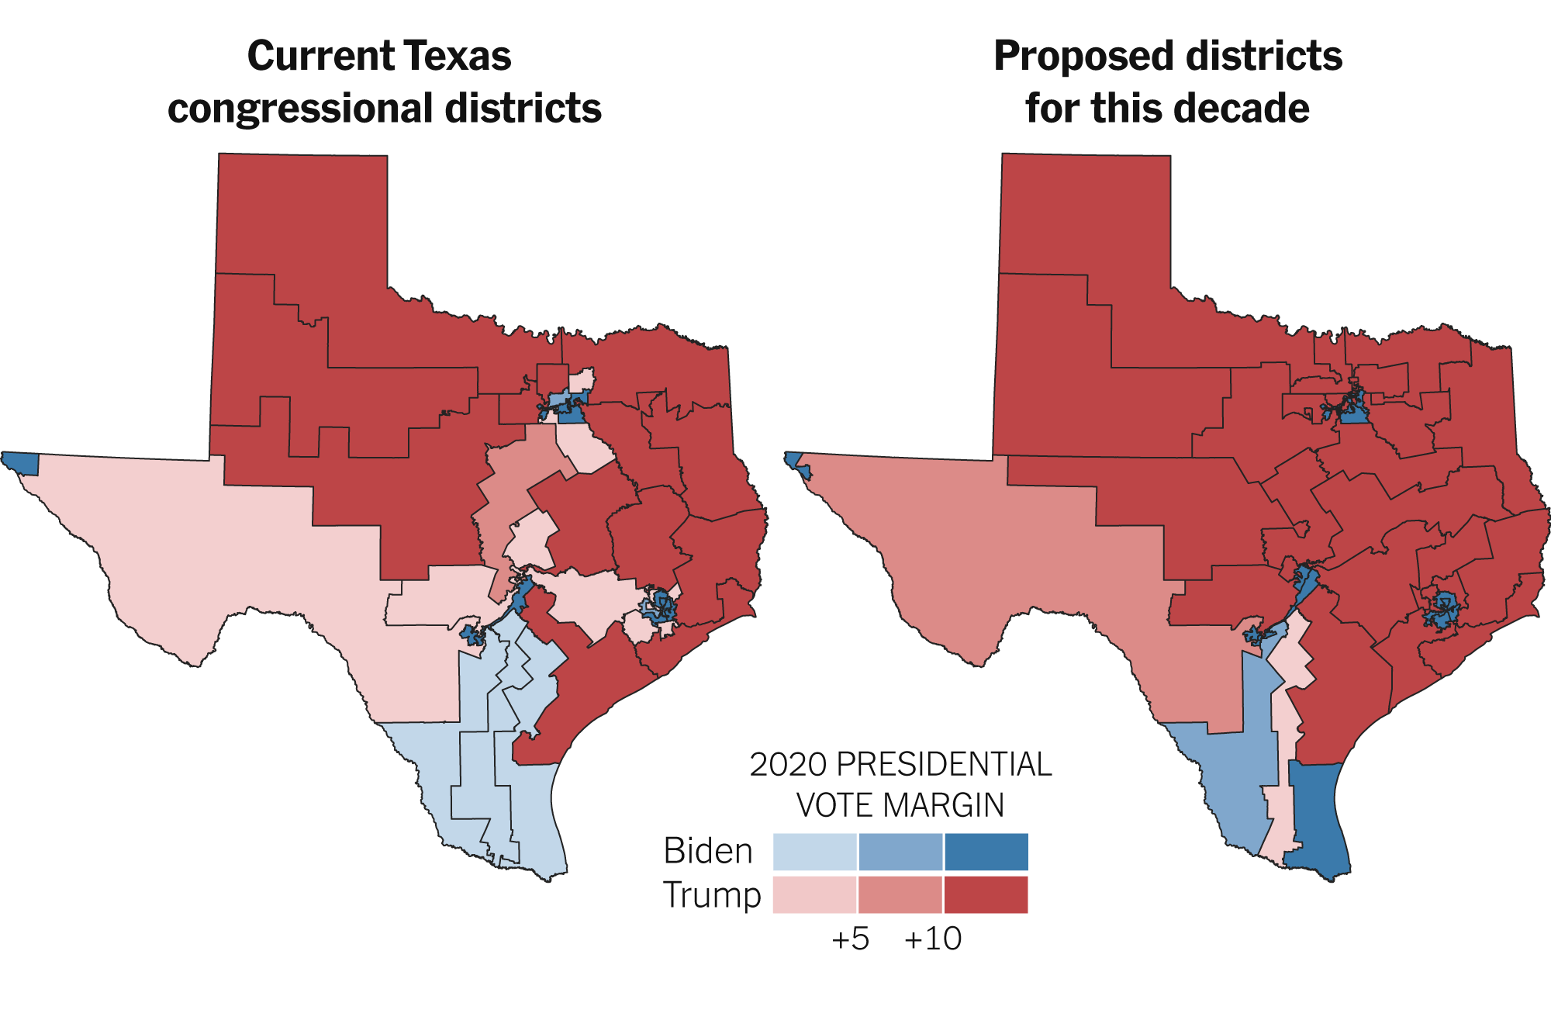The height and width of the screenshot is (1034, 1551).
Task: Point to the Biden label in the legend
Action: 707,851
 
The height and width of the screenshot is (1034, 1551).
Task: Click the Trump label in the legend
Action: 711,894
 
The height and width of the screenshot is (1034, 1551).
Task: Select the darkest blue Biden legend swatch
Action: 986,852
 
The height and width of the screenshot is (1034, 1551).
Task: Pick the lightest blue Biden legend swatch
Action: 814,852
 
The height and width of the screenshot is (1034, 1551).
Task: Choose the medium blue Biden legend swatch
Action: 900,852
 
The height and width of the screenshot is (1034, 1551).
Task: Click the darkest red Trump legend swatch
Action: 986,894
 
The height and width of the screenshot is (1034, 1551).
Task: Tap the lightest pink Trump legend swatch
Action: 814,894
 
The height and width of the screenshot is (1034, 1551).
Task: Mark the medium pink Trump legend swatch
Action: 900,894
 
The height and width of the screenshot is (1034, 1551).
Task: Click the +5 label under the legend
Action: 850,939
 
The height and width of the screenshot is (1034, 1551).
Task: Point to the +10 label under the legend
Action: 933,939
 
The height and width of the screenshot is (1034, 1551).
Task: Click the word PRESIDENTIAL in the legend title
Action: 944,765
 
